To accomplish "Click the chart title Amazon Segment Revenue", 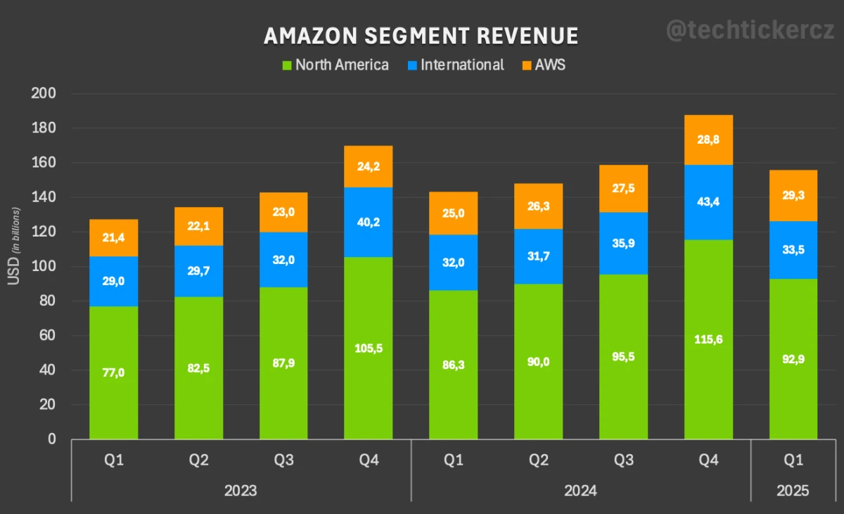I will [x=421, y=36].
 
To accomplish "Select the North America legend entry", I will [x=335, y=65].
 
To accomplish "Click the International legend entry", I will [x=455, y=65].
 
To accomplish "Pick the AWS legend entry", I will [x=543, y=65].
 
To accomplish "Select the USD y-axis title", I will [x=14, y=246].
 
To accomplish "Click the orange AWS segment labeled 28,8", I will [x=708, y=140].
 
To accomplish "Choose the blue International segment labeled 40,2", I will [x=368, y=222].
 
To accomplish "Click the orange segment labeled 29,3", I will [x=793, y=196].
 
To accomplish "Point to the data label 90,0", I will [x=538, y=362].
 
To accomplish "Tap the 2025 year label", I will [x=793, y=491].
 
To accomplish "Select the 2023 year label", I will [x=241, y=491].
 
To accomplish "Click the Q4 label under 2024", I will [x=708, y=460].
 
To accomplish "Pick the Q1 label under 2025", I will [x=793, y=460].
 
